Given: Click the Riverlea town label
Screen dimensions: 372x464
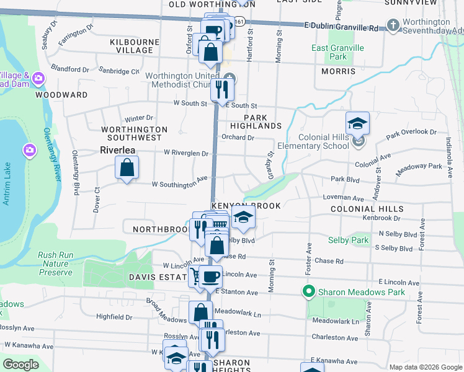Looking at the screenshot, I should (x=118, y=149).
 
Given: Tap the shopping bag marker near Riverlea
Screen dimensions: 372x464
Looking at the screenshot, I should (x=127, y=168).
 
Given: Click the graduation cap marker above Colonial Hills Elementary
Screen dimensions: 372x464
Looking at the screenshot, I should (x=357, y=124).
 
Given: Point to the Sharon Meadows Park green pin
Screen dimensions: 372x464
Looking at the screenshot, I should (x=308, y=291).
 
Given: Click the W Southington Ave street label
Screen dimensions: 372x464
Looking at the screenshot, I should (x=180, y=182).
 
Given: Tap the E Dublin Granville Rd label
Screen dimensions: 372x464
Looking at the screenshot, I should (x=341, y=28).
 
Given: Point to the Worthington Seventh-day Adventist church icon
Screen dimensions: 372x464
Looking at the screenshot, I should (x=392, y=25).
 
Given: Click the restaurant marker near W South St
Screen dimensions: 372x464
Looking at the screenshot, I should (x=221, y=91).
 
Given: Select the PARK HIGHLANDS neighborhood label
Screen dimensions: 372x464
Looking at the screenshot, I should (x=262, y=122).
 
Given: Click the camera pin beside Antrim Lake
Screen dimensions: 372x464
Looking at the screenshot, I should (x=29, y=150).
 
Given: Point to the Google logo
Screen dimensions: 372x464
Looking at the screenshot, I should (x=20, y=365).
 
